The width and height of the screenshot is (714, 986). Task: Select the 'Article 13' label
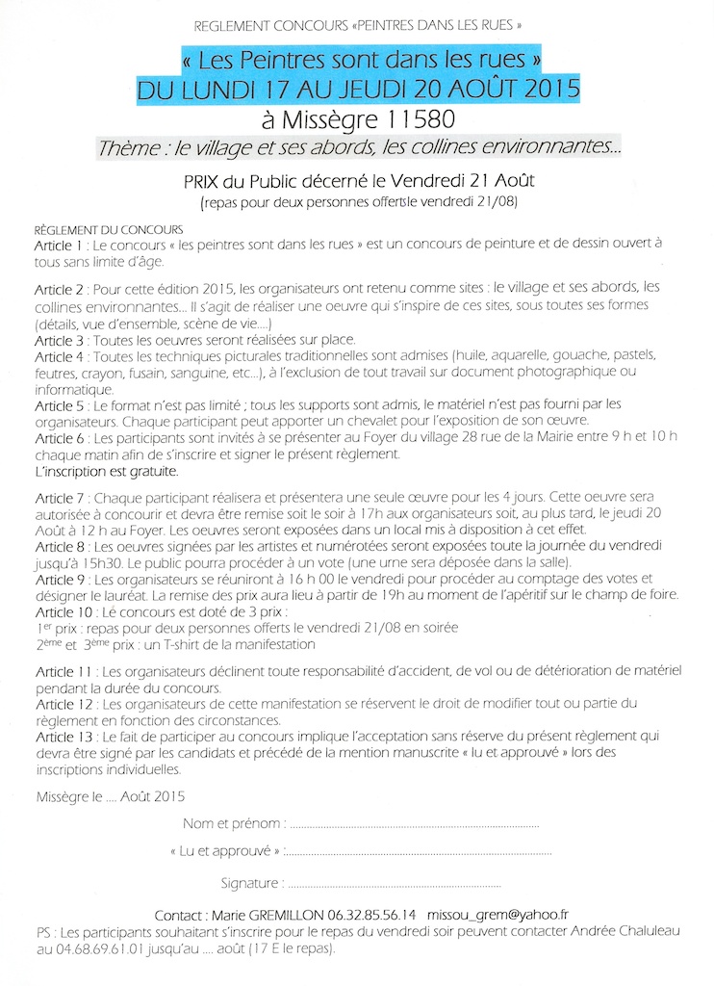pos(64,737)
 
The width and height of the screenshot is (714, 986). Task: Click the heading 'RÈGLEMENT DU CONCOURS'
pos(108,231)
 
